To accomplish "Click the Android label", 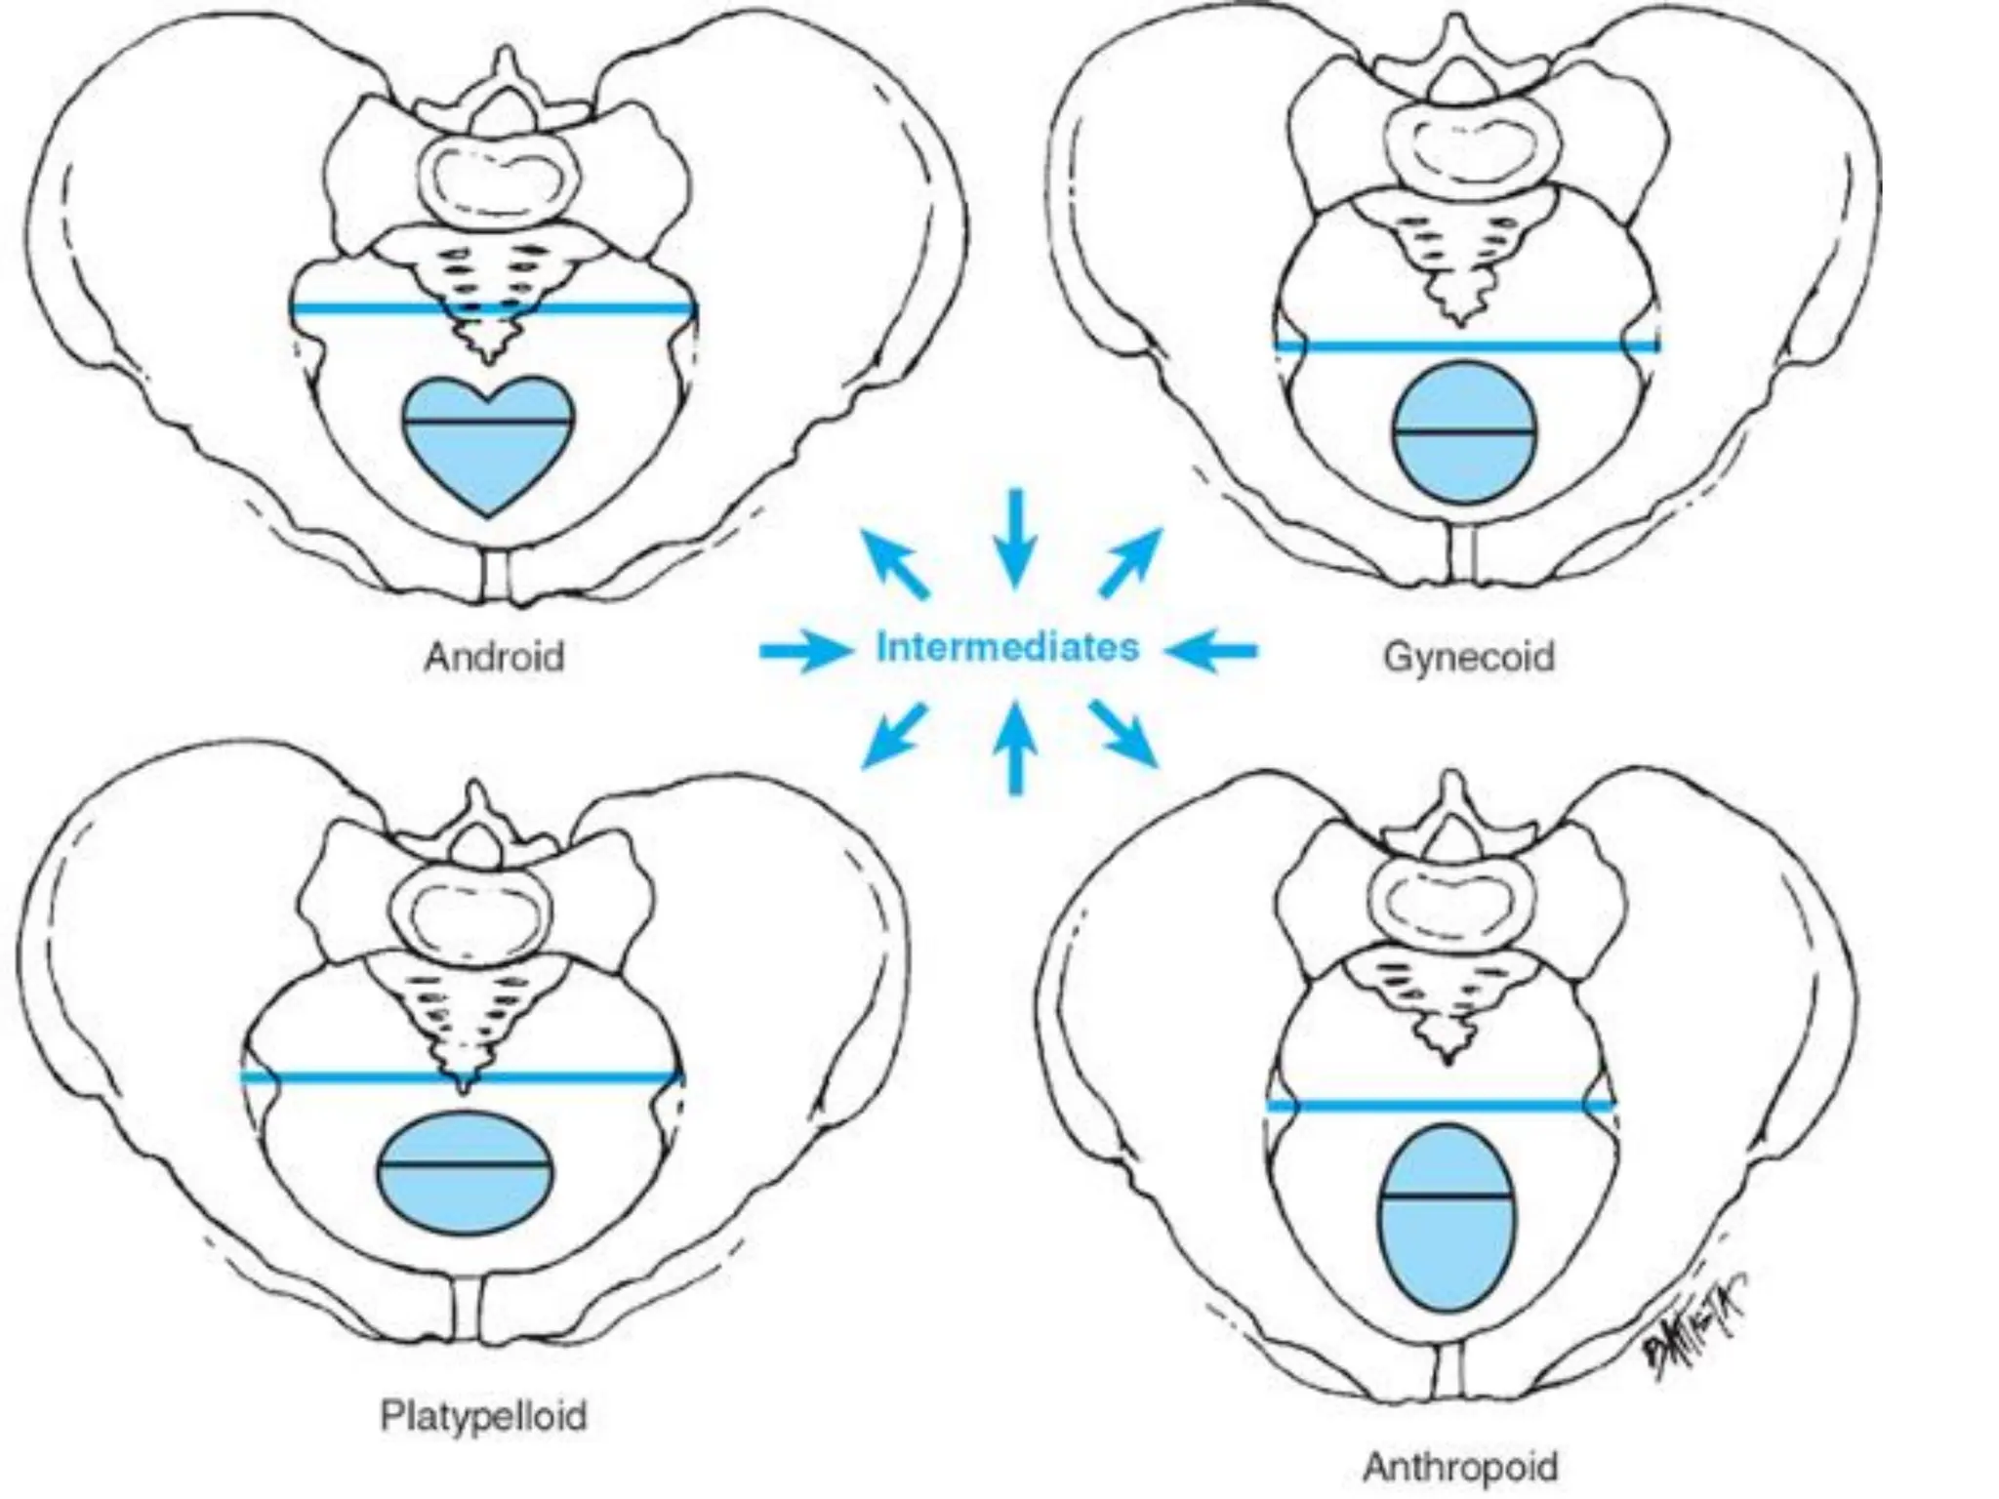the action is click(494, 656).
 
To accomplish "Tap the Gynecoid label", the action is click(1468, 656).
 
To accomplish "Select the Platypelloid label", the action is click(483, 1415).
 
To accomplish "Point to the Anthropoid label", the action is click(1459, 1467).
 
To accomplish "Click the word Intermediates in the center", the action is click(1007, 648).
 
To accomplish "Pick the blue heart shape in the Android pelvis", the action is click(488, 444).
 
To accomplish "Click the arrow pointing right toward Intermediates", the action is click(802, 650).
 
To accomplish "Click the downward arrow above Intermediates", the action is click(1016, 538).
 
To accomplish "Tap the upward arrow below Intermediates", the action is click(1015, 747).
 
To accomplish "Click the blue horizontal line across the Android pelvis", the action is click(493, 309).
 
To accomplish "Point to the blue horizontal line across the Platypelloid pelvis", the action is click(461, 1077).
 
